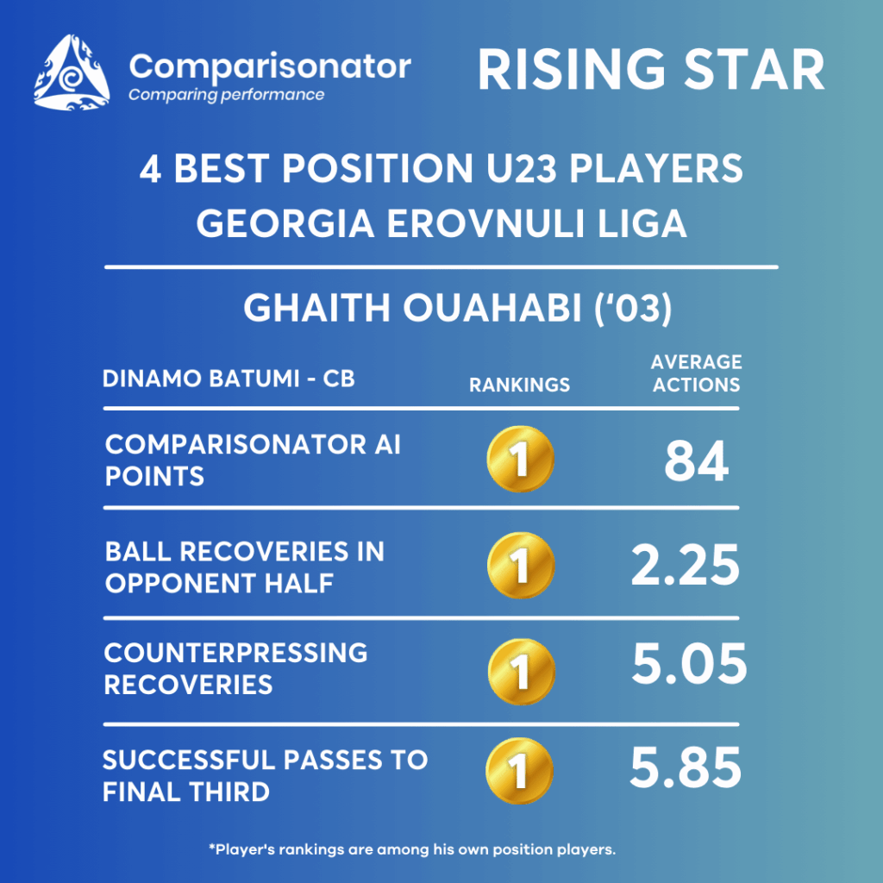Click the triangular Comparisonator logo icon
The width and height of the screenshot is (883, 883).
click(72, 72)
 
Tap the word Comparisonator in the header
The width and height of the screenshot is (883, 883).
click(270, 67)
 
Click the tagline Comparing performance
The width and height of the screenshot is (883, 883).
click(227, 95)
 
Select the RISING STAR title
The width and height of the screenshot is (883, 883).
click(651, 70)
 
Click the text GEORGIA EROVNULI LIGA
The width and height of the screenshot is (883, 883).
click(441, 223)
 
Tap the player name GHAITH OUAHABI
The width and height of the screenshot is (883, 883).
click(412, 309)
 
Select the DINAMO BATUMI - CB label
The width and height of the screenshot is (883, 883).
click(229, 379)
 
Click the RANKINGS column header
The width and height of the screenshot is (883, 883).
click(520, 385)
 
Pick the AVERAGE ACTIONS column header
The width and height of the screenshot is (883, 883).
click(697, 373)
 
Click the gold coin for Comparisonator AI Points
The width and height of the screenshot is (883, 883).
click(520, 459)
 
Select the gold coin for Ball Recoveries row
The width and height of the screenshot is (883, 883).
click(521, 566)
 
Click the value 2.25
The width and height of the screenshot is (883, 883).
click(686, 566)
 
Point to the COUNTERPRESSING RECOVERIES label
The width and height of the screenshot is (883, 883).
click(235, 669)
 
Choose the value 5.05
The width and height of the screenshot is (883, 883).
click(689, 665)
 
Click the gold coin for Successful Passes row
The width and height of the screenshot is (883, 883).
click(519, 771)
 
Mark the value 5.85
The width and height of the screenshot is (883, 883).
click(686, 768)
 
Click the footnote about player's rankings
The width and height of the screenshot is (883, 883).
click(412, 849)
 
